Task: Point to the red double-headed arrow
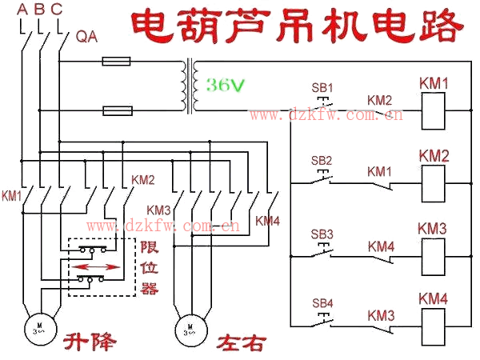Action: (99, 266)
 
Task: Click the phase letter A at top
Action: (22, 10)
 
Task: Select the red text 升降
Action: (90, 344)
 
